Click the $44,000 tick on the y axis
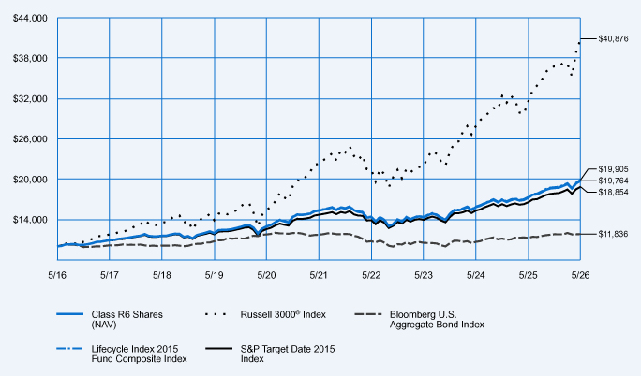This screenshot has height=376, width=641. click(x=30, y=19)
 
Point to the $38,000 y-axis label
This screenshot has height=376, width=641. click(x=30, y=58)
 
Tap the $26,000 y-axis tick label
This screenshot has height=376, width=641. click(x=30, y=139)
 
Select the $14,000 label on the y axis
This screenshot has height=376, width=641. click(x=30, y=220)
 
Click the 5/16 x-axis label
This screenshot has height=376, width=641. click(x=57, y=275)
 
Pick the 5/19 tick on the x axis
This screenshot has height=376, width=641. click(x=215, y=275)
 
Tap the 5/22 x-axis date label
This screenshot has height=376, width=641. click(x=371, y=275)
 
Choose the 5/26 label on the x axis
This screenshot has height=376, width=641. click(x=580, y=275)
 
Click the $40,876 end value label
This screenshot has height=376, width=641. click(x=613, y=39)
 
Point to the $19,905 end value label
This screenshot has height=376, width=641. click(x=613, y=169)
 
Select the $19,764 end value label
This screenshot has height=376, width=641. click(x=613, y=181)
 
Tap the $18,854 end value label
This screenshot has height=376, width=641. click(x=613, y=192)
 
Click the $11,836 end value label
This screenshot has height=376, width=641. click(x=613, y=234)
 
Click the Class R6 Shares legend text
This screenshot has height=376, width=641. click(x=127, y=320)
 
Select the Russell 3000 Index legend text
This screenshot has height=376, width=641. click(x=283, y=314)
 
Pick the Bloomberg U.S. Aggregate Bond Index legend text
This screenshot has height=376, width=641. click(x=437, y=320)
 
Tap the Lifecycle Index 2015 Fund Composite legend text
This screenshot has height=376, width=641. click(x=139, y=354)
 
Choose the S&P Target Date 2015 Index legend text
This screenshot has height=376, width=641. click(x=288, y=354)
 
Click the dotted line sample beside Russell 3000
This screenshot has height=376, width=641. click(x=216, y=314)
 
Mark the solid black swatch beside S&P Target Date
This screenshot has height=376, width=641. click(x=218, y=349)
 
